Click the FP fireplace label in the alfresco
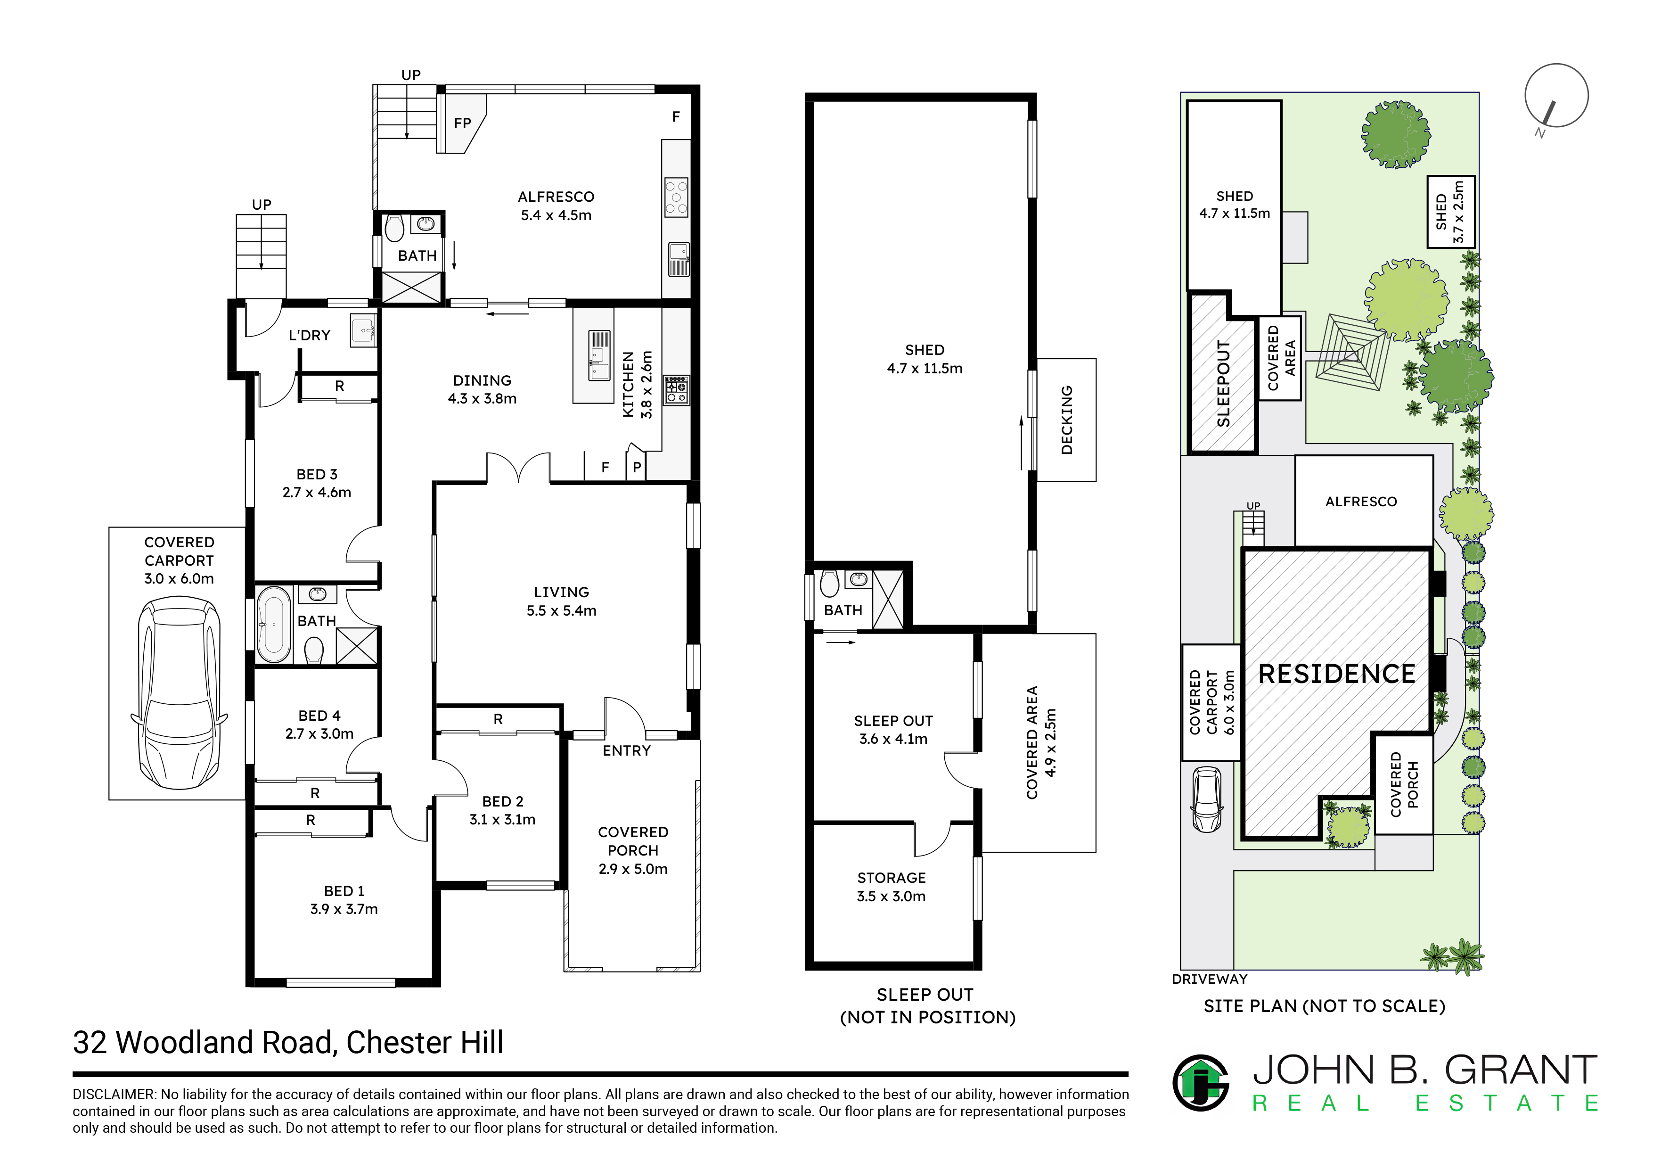click(x=462, y=123)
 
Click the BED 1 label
click(x=344, y=891)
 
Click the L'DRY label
click(x=310, y=335)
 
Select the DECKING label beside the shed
click(x=1067, y=420)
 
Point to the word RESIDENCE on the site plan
click(x=1337, y=674)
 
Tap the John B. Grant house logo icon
click(x=1201, y=1083)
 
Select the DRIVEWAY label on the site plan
click(x=1210, y=979)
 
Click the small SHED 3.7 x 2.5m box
click(x=1451, y=212)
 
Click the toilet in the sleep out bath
click(x=829, y=584)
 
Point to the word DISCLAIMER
click(x=113, y=1094)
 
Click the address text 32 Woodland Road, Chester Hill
click(x=288, y=1042)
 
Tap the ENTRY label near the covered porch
click(x=626, y=750)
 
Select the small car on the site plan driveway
click(x=1207, y=799)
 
